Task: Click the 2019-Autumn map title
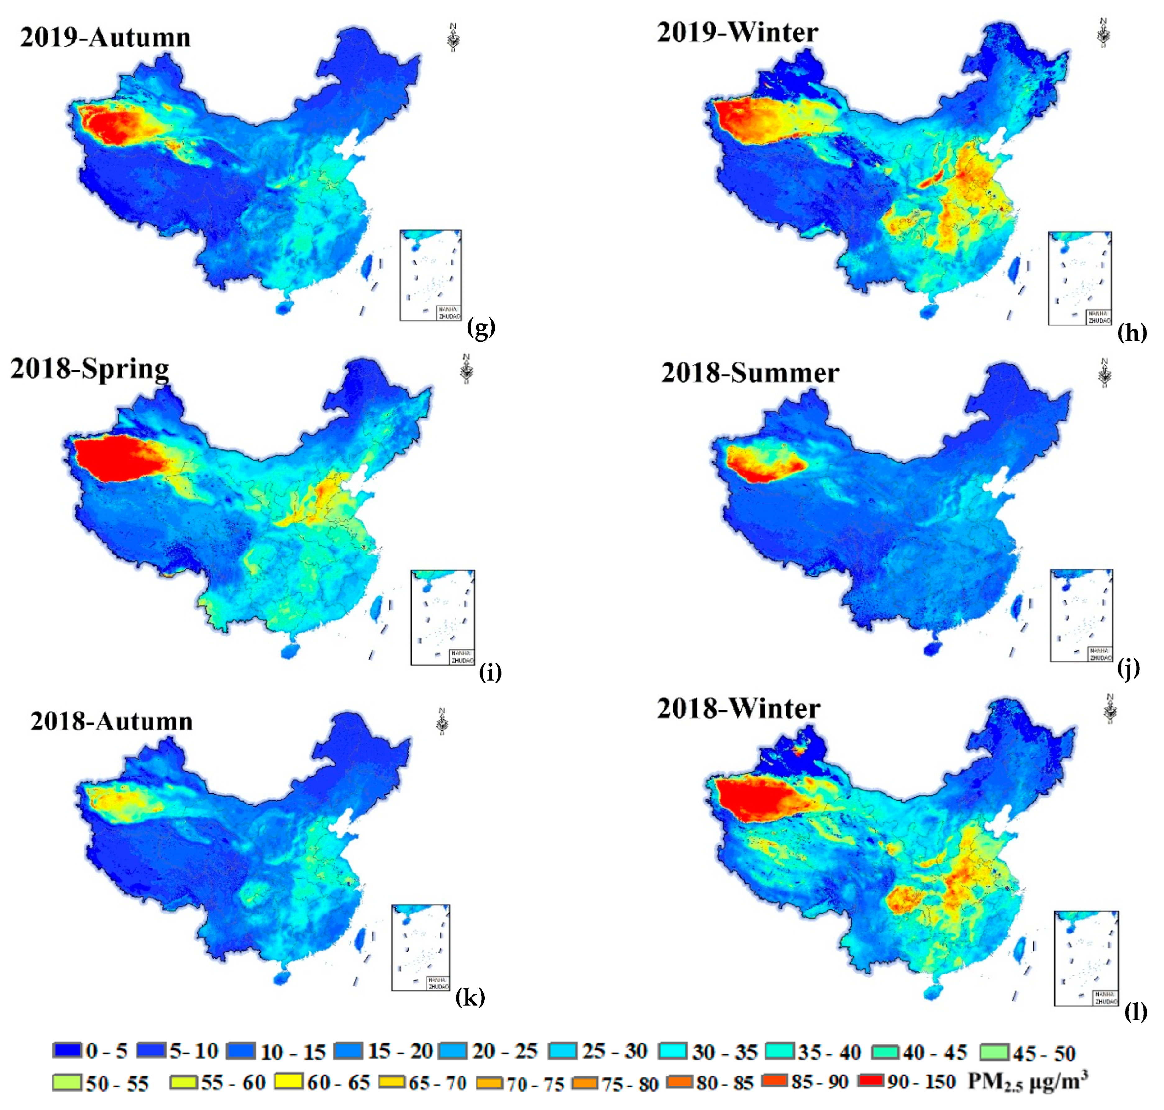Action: (x=105, y=37)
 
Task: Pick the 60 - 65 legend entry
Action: (x=322, y=1082)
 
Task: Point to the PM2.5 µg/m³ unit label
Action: (x=1027, y=1081)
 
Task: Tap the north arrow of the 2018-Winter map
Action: (x=1110, y=709)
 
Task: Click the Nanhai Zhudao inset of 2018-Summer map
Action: (x=1081, y=615)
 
